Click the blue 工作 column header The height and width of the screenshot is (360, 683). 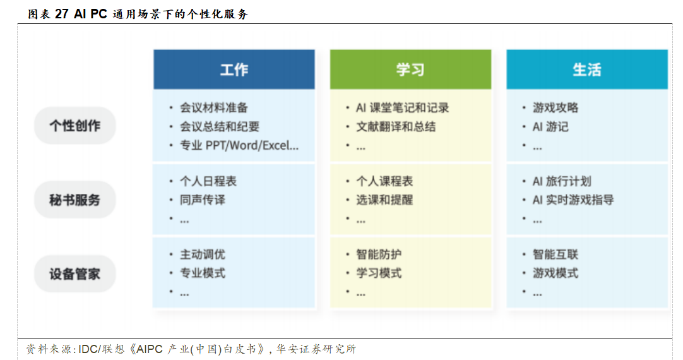[x=234, y=69]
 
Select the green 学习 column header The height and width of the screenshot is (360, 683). [x=410, y=69]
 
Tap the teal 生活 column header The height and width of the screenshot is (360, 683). [x=586, y=69]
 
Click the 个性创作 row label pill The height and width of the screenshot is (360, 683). [x=75, y=126]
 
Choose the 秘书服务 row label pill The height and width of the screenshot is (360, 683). [x=75, y=200]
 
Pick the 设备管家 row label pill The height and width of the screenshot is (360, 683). [x=75, y=273]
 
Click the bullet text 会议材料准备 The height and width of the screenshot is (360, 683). [x=214, y=107]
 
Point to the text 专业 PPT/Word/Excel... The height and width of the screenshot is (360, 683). [x=239, y=145]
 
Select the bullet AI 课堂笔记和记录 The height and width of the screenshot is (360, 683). [x=402, y=107]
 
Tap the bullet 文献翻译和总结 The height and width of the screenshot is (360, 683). [x=396, y=127]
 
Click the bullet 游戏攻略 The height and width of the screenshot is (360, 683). [x=555, y=107]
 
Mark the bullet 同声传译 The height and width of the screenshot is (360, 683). [x=203, y=200]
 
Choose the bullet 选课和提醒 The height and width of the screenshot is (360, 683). [x=384, y=200]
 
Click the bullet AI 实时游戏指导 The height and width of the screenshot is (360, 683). [x=573, y=200]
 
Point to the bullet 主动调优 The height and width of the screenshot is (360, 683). [x=203, y=255]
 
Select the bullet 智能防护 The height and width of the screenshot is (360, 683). [x=379, y=255]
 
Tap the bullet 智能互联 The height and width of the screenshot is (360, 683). [x=555, y=255]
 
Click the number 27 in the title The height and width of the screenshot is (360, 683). [x=61, y=14]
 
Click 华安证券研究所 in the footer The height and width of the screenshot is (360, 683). [x=316, y=349]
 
